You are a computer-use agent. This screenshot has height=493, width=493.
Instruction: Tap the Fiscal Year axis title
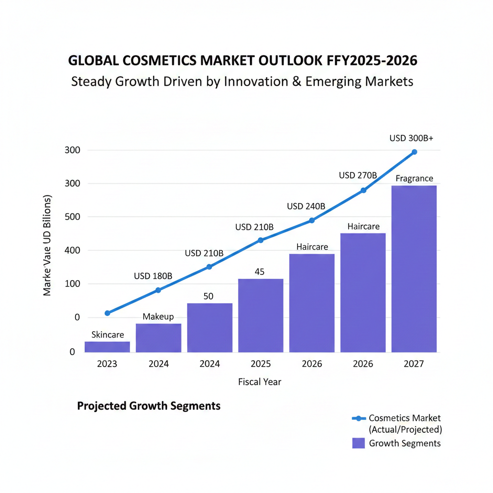click(259, 382)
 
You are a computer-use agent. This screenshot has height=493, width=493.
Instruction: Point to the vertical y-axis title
click(48, 246)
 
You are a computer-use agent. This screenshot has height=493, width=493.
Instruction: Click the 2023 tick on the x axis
click(107, 364)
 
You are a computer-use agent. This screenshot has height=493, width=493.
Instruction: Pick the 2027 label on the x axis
click(414, 364)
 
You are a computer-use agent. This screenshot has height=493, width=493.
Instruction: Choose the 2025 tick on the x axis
click(260, 364)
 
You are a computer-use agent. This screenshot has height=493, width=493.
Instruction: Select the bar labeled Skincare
click(107, 347)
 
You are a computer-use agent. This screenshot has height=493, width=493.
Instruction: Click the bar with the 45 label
click(260, 315)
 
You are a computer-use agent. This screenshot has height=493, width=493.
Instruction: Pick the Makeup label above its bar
click(158, 316)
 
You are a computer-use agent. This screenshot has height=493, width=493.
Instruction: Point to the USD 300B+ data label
click(411, 138)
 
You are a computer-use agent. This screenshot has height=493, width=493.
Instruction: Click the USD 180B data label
click(153, 276)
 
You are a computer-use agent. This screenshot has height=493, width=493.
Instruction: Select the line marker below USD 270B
click(363, 191)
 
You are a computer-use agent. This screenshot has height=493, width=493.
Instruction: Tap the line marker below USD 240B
click(311, 221)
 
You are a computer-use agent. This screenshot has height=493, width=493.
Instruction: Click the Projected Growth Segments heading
click(149, 406)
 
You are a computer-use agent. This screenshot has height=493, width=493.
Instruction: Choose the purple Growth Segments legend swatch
click(358, 443)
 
